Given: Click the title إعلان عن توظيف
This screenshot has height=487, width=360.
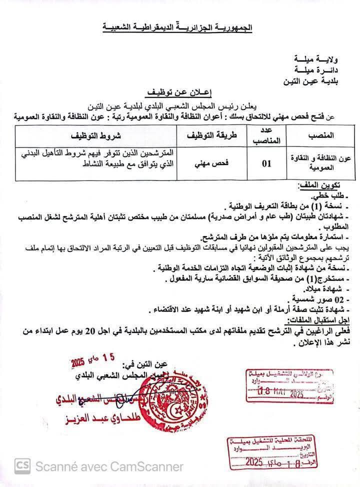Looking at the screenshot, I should click(x=179, y=93).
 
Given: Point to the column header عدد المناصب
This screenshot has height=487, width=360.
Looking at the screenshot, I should click(x=270, y=136).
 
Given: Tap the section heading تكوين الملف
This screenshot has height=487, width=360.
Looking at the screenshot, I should click(x=327, y=185).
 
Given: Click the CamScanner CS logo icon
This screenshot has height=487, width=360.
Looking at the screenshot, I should click(x=21, y=466).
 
